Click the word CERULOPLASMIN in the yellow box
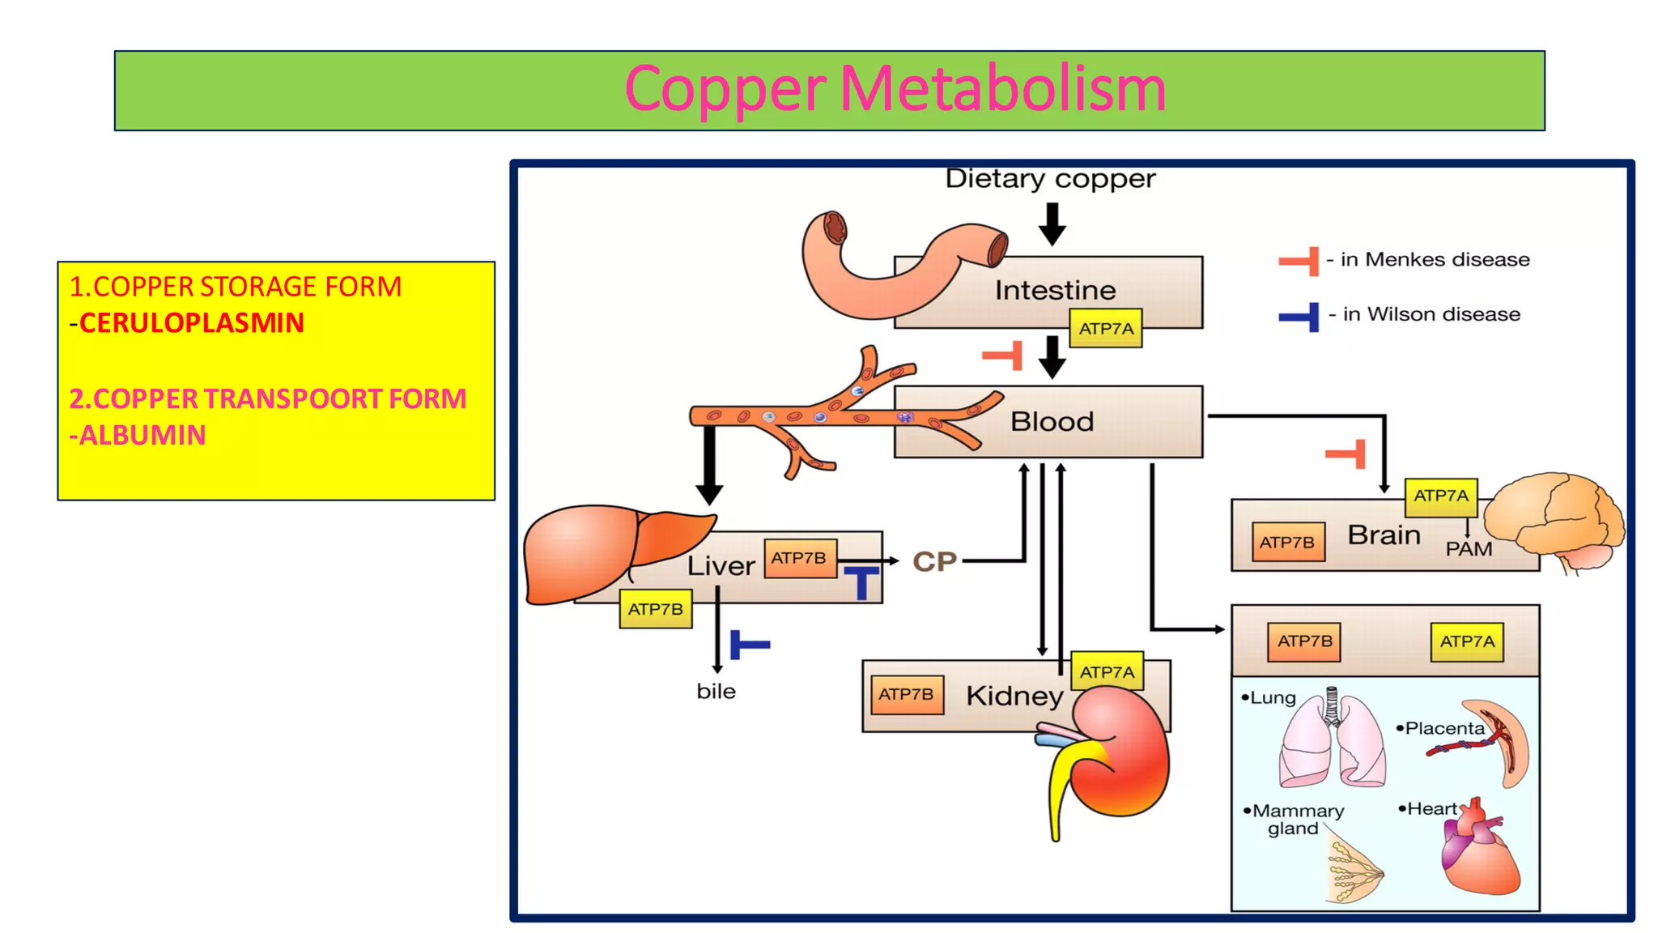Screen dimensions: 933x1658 (191, 323)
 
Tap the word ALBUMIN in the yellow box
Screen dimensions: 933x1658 (142, 436)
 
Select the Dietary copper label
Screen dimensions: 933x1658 (1050, 179)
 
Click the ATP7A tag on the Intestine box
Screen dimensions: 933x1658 (1105, 329)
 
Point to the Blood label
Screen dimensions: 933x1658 (1052, 422)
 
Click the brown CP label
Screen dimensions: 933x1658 (934, 561)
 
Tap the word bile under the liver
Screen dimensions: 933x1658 (716, 692)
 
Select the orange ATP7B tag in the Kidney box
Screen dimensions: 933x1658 (906, 695)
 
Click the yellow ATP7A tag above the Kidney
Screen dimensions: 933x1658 (1107, 672)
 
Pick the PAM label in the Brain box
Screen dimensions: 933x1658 (1469, 549)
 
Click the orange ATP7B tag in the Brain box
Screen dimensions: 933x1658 (1286, 543)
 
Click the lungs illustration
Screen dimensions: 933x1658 (1331, 741)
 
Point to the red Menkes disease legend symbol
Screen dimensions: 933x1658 (1299, 262)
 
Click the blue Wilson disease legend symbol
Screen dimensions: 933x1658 (1299, 316)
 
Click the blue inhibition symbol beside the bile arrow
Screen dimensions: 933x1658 (748, 645)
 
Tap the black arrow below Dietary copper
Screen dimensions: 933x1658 (1052, 224)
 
